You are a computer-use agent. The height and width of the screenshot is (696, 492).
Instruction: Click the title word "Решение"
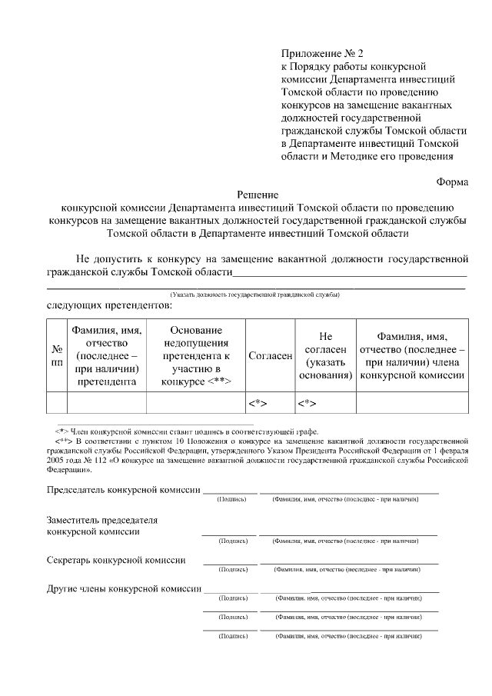click(x=257, y=195)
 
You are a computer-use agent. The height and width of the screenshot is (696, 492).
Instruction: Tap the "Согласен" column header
click(x=270, y=356)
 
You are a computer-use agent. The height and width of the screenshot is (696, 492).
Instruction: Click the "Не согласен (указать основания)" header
click(x=324, y=356)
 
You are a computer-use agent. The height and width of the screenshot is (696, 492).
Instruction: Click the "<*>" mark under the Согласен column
click(x=257, y=403)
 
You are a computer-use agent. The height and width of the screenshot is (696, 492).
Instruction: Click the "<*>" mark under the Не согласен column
click(x=307, y=403)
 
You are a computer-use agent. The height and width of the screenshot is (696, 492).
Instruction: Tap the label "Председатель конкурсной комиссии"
click(x=124, y=489)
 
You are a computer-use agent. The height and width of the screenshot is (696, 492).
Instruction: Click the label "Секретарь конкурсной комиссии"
click(x=116, y=560)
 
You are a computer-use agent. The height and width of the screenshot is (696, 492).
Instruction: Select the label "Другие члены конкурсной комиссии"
click(x=124, y=588)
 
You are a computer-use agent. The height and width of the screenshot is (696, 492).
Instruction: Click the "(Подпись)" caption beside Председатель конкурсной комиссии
click(x=232, y=499)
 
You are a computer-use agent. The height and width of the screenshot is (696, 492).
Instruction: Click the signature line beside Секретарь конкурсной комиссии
click(x=229, y=564)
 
